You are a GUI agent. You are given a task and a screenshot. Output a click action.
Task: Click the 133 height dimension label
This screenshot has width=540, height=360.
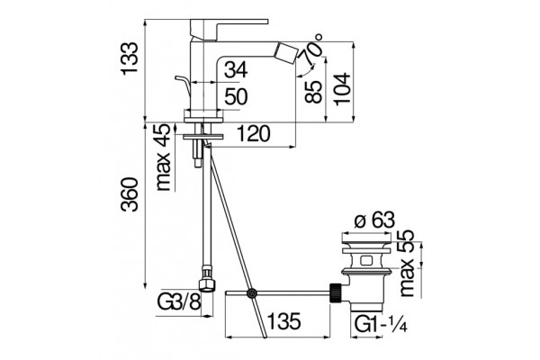pyautogui.click(x=130, y=58)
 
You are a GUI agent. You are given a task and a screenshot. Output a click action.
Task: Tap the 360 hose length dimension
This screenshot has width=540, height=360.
pyautogui.click(x=130, y=194)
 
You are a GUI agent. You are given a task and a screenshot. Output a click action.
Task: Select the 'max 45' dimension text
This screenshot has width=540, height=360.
pyautogui.click(x=163, y=157)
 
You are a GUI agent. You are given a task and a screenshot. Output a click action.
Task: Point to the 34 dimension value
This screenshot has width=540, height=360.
pyautogui.click(x=236, y=70)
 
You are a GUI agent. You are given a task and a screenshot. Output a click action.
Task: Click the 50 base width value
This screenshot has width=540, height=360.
pyautogui.click(x=236, y=96)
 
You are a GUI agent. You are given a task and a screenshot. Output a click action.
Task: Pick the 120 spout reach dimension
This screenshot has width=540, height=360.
pyautogui.click(x=254, y=134)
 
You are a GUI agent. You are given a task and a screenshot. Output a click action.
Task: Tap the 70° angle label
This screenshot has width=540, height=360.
pyautogui.click(x=312, y=49)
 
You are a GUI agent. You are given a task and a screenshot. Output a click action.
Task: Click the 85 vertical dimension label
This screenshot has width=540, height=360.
pyautogui.click(x=313, y=92)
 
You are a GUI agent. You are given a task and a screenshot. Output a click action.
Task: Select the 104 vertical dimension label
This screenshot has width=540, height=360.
pyautogui.click(x=342, y=88)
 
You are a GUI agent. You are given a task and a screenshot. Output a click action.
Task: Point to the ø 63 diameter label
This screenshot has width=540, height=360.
pyautogui.click(x=374, y=220)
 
